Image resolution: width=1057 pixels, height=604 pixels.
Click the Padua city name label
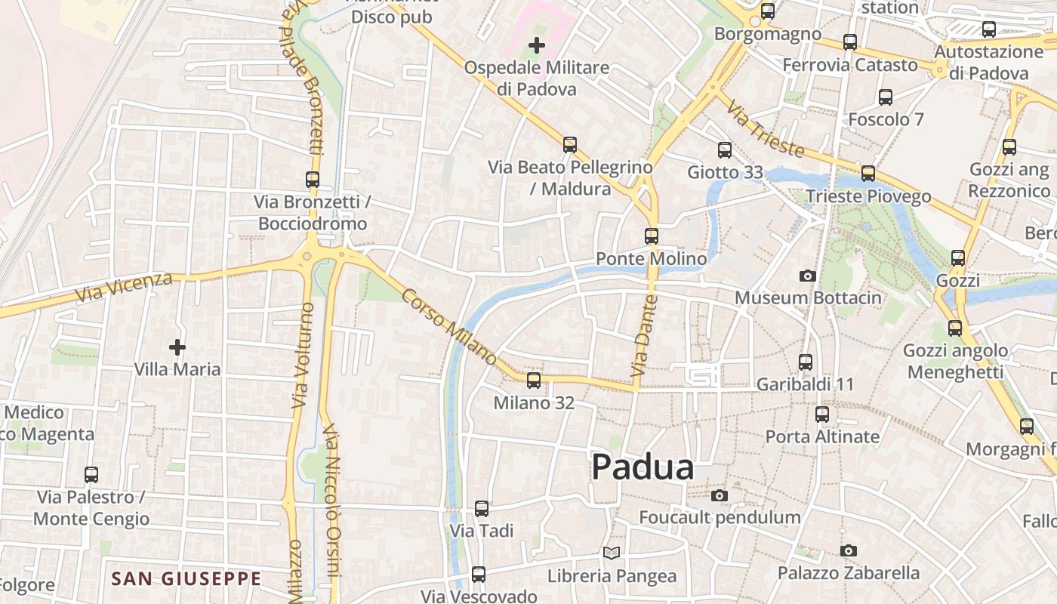pyautogui.click(x=643, y=467)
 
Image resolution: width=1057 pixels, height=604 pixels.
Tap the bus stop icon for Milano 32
pyautogui.click(x=534, y=381)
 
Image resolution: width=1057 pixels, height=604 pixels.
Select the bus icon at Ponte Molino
pyautogui.click(x=652, y=236)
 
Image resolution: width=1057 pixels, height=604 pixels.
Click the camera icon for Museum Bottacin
pyautogui.click(x=808, y=276)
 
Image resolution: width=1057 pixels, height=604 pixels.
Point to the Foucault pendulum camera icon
pyautogui.click(x=720, y=496)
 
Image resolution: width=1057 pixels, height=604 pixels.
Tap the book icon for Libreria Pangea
pyautogui.click(x=612, y=553)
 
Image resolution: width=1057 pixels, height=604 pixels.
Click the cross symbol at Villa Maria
pyautogui.click(x=177, y=347)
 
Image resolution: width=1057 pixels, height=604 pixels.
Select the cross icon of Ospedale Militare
pyautogui.click(x=536, y=46)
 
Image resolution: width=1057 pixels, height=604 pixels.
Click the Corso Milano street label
pyautogui.click(x=448, y=327)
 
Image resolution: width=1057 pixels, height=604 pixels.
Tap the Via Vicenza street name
pyautogui.click(x=125, y=288)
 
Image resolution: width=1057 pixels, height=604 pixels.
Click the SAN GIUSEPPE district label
pyautogui.click(x=186, y=579)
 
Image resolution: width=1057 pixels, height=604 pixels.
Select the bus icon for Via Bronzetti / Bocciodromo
pyautogui.click(x=313, y=180)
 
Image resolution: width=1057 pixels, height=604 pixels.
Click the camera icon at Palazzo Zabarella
pyautogui.click(x=849, y=551)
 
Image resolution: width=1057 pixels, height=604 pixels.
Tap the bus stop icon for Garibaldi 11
pyautogui.click(x=806, y=362)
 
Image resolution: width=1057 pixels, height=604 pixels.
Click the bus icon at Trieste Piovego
pyautogui.click(x=868, y=174)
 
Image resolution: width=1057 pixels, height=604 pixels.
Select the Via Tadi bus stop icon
pyautogui.click(x=482, y=509)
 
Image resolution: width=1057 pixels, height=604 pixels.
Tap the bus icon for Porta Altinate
pyautogui.click(x=822, y=414)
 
